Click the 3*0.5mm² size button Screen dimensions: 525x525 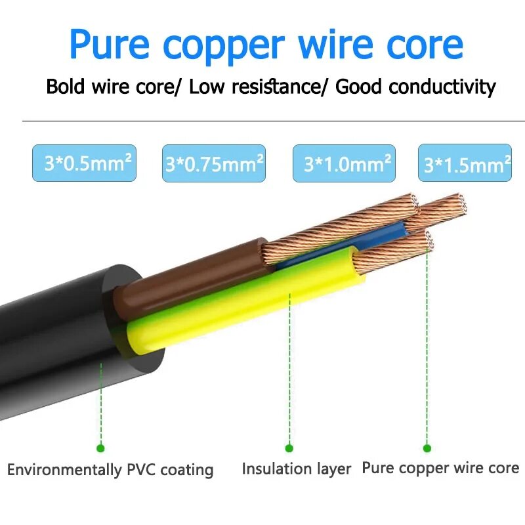84,163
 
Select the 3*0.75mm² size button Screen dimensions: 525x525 214,163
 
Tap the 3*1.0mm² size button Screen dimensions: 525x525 344,163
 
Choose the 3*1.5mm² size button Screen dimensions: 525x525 465,163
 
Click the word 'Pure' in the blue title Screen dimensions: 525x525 109,44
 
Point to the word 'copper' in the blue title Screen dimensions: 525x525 224,47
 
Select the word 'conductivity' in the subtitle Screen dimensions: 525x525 442,87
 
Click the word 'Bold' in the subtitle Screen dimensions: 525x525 65,86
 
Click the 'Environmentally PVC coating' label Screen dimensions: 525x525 110,470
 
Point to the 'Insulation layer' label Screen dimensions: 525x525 297,469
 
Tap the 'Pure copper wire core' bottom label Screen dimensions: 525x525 440,468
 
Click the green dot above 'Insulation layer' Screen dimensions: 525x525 289,448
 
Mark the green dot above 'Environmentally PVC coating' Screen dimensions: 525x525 100,448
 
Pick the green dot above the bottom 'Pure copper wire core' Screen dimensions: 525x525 427,448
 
